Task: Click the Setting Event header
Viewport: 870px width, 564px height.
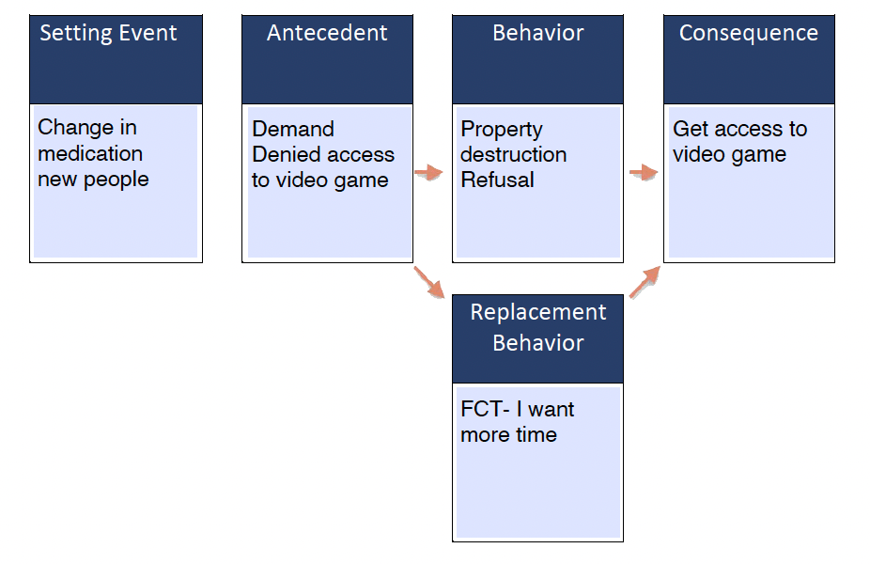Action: click(108, 34)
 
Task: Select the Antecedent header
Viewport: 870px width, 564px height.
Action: click(327, 34)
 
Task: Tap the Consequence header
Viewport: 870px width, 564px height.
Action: click(748, 34)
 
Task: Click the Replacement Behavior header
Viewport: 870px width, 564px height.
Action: click(538, 327)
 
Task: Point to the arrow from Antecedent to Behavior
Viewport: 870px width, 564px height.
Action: click(428, 172)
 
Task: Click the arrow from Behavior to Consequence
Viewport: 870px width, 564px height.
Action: click(643, 172)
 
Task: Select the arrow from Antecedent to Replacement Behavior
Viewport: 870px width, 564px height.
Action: click(429, 283)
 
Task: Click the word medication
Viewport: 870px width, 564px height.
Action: click(90, 153)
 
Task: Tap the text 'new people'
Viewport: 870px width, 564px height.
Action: click(93, 179)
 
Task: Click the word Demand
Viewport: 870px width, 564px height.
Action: click(293, 129)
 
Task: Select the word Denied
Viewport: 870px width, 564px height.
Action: click(283, 154)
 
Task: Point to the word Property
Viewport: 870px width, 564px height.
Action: click(502, 129)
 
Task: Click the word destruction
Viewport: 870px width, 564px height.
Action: click(513, 154)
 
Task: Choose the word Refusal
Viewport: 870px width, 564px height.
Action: click(497, 180)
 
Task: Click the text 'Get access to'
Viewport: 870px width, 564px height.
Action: click(739, 129)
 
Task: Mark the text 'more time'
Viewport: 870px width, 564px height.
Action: click(508, 435)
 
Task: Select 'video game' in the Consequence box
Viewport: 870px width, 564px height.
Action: click(729, 154)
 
